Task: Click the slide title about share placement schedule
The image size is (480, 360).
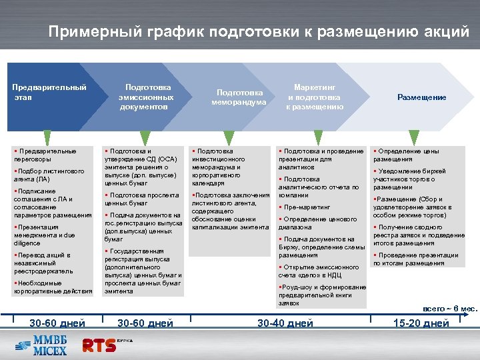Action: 258,31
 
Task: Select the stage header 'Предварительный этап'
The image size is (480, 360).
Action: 49,92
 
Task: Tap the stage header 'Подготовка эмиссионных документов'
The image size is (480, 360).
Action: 148,97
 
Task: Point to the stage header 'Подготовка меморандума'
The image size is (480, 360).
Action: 239,97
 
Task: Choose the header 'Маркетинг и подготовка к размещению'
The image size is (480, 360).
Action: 315,97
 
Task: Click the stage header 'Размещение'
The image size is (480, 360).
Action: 421,97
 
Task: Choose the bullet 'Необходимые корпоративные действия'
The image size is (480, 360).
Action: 53,287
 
